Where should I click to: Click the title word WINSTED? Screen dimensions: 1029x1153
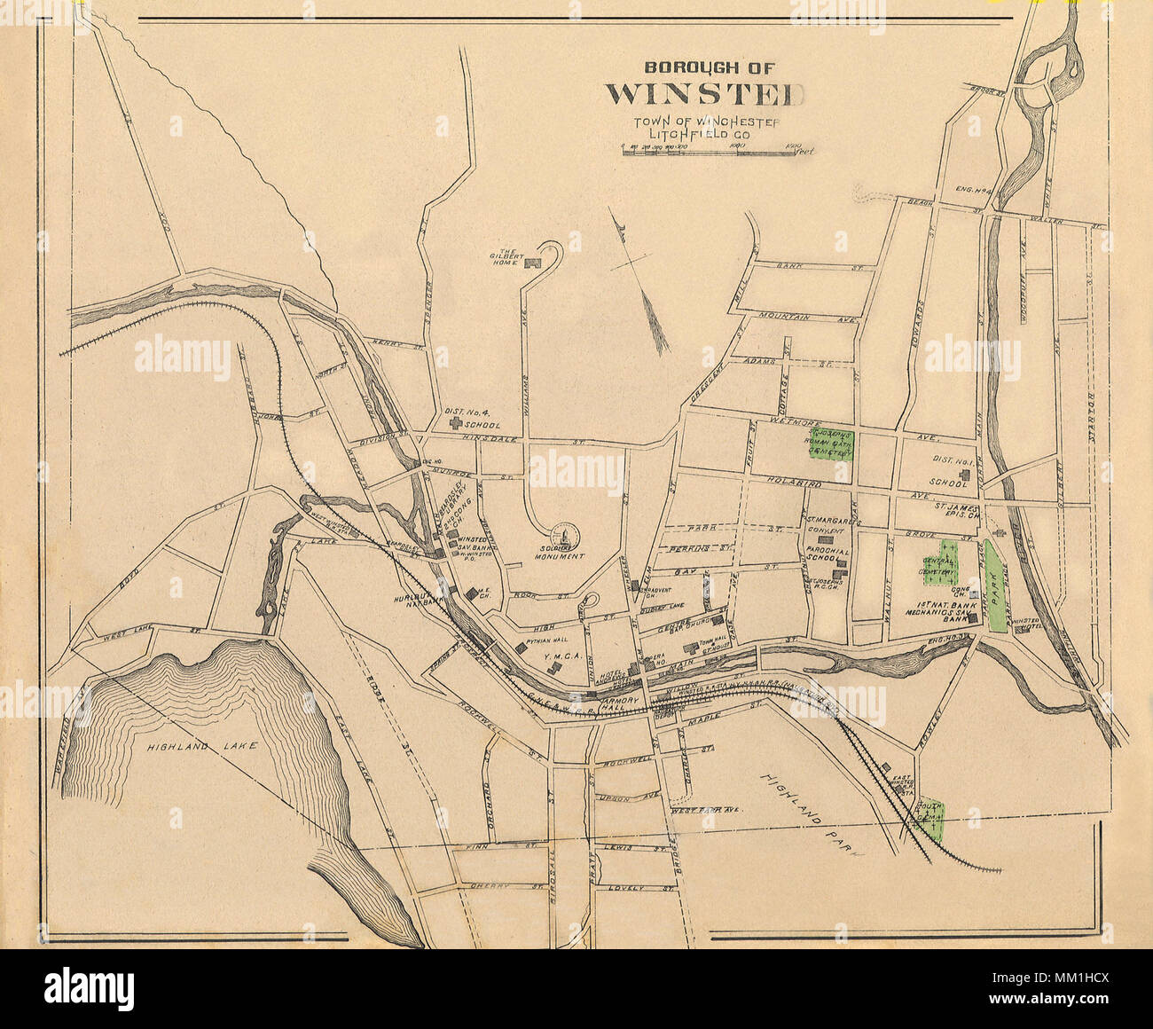click(x=705, y=93)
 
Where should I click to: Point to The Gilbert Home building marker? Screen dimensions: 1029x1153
click(x=532, y=263)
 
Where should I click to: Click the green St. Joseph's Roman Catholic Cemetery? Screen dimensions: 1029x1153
click(x=831, y=444)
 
